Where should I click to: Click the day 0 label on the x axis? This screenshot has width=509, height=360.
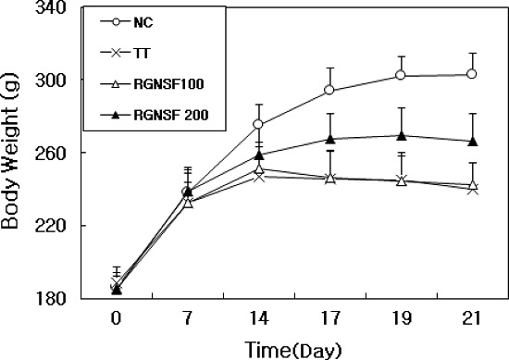tap(117, 317)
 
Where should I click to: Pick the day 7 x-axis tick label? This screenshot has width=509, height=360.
tap(188, 317)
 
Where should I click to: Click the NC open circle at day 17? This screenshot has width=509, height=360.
tap(329, 91)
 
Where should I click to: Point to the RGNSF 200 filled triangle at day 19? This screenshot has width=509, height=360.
tap(401, 135)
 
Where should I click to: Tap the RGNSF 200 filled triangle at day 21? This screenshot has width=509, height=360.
tap(472, 141)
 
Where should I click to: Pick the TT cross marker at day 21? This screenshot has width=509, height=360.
tap(472, 189)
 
